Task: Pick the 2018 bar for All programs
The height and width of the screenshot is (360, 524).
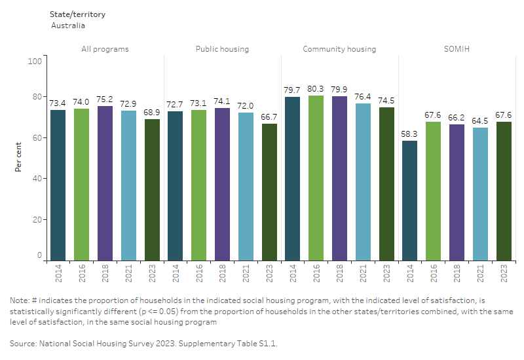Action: pyautogui.click(x=105, y=183)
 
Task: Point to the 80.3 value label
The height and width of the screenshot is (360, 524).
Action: pyautogui.click(x=316, y=88)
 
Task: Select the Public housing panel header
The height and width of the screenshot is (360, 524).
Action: pyautogui.click(x=222, y=49)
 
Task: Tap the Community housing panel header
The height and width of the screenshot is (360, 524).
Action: pyautogui.click(x=339, y=49)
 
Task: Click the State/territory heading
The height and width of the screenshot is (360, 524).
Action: pyautogui.click(x=77, y=14)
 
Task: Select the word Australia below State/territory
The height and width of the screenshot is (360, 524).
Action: pyautogui.click(x=68, y=26)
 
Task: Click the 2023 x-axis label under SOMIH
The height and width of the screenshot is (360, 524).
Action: pyautogui.click(x=504, y=273)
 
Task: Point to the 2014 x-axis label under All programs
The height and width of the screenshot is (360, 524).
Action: pyautogui.click(x=58, y=273)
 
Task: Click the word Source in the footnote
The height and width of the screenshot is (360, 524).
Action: pyautogui.click(x=24, y=343)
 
